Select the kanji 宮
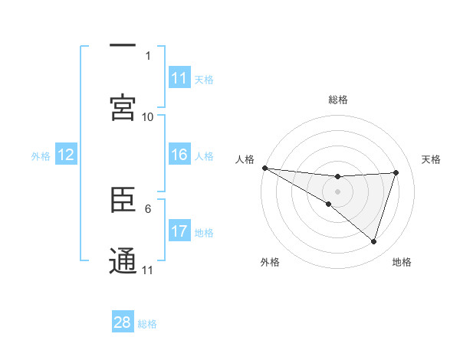123,108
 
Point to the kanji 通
123,261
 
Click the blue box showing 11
179,78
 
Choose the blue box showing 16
179,155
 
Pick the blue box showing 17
179,231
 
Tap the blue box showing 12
66,155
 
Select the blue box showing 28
123,322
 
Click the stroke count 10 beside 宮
148,116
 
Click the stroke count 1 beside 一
148,56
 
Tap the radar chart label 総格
338,100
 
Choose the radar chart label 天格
432,159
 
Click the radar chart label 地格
402,262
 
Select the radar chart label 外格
270,262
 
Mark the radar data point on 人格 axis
264,168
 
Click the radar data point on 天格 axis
396,172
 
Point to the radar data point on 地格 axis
374,241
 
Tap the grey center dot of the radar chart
337,191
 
